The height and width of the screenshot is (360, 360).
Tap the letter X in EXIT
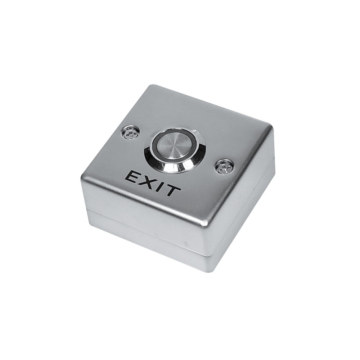pos(145,181)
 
